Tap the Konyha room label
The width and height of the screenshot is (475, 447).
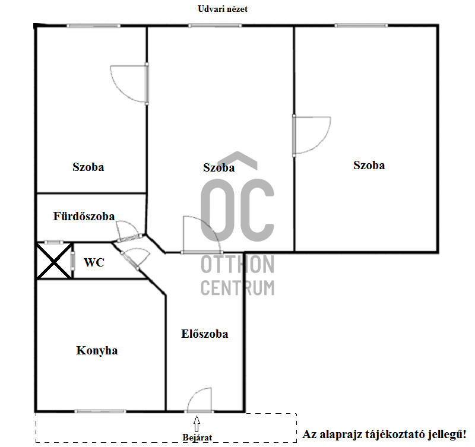[97, 350]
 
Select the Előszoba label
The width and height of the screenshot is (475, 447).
[204, 334]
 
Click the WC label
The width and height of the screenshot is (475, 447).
[94, 262]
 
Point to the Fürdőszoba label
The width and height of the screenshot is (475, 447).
[84, 216]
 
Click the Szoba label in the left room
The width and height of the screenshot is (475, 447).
[88, 167]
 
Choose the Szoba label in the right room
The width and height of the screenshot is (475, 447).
[369, 165]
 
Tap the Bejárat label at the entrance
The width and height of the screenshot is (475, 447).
[197, 438]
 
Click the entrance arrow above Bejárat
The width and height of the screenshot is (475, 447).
[197, 423]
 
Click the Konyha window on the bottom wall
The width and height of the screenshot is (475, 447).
[100, 411]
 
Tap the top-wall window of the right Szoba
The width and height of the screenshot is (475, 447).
[361, 26]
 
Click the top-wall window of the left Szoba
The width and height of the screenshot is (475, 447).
[93, 26]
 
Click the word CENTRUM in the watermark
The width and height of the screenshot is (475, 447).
[237, 288]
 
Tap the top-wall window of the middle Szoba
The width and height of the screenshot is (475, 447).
[215, 26]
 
